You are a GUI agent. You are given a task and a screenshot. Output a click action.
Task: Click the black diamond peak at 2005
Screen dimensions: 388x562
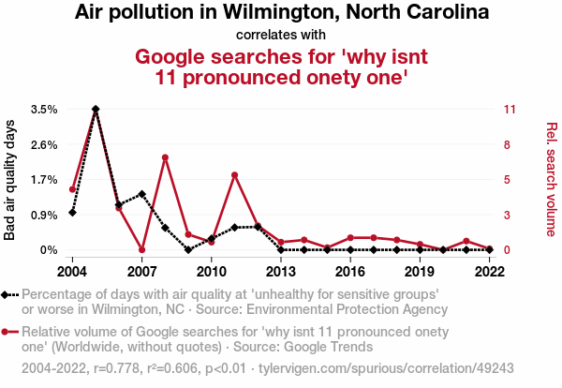coord(96,110)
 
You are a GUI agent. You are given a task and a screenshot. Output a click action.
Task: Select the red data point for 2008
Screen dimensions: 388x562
coord(165,157)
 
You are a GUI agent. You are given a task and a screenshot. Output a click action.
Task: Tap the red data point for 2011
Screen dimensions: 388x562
coord(234,175)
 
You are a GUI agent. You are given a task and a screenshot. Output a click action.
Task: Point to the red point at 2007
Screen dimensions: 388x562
coord(141,249)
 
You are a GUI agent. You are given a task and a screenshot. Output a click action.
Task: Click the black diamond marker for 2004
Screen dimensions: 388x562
coord(72,213)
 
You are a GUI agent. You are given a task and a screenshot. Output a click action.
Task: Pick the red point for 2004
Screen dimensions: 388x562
coord(72,189)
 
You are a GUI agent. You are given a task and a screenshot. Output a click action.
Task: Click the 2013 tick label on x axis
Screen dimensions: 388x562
coord(280,271)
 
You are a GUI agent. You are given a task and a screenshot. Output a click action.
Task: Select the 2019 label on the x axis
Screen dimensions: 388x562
coord(419,271)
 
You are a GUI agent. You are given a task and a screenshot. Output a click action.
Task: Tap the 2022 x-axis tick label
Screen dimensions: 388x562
coord(488,271)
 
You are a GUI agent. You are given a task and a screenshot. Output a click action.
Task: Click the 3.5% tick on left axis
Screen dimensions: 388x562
coord(44,110)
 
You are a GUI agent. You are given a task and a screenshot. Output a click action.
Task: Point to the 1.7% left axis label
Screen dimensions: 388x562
coord(44,180)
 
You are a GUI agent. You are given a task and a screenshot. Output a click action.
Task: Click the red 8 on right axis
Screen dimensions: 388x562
coord(507,144)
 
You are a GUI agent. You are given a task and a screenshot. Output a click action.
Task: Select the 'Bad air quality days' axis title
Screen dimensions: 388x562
coord(10,179)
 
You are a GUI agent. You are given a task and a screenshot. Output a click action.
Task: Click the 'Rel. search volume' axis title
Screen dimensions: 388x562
coord(551,179)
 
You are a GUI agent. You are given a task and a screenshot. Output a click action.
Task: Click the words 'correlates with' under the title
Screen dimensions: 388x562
coord(281,34)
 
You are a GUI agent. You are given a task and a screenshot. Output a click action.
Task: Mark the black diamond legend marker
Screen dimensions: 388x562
coord(7,294)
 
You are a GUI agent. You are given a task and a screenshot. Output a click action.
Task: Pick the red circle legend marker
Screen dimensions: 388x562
coord(7,332)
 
